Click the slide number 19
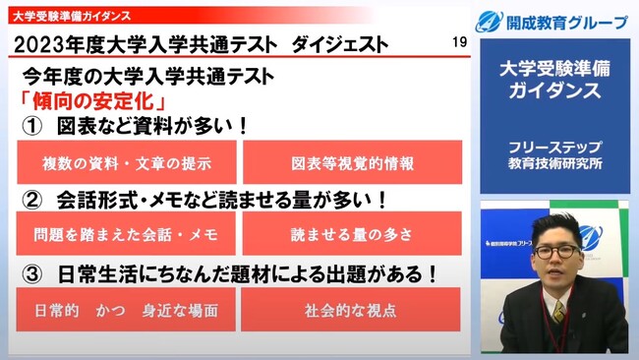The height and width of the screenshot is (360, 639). [x=460, y=43]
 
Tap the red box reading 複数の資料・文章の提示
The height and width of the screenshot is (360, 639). [x=128, y=162]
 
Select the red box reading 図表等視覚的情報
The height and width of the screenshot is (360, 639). [x=351, y=162]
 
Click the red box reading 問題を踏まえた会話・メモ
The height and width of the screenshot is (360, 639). [x=128, y=235]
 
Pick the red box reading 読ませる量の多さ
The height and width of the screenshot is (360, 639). [x=351, y=235]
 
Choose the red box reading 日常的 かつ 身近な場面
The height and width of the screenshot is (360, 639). [x=128, y=309]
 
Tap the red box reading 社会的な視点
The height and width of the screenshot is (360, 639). [x=351, y=309]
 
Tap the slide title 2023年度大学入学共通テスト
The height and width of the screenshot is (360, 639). [x=137, y=45]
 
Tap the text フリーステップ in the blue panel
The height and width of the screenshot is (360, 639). [x=557, y=148]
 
